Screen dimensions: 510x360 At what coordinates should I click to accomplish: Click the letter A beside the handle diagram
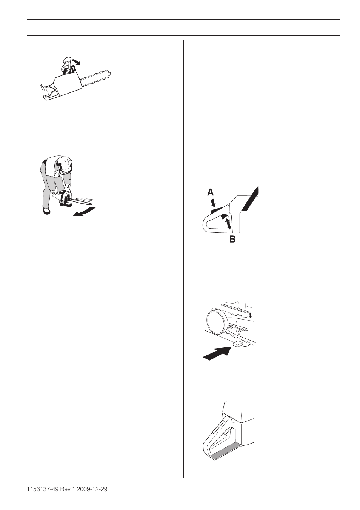[x=211, y=192]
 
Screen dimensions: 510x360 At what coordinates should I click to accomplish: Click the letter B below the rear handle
[x=232, y=239]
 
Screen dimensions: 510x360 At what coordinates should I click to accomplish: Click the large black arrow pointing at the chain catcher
[x=216, y=353]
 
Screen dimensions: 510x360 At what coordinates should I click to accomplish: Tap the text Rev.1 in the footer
[x=72, y=489]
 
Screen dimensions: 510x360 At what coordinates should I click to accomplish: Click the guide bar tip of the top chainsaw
[x=109, y=72]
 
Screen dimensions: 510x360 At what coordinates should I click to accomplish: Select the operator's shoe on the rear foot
[x=46, y=211]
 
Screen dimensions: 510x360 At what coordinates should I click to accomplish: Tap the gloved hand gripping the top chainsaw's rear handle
[x=47, y=90]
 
